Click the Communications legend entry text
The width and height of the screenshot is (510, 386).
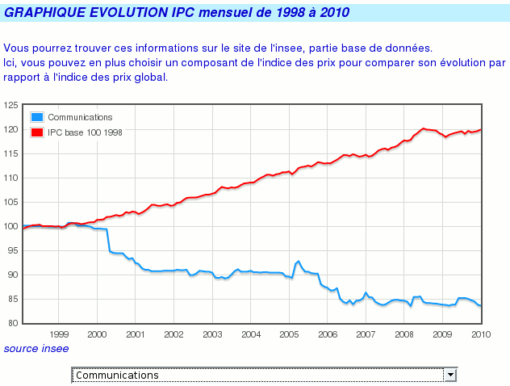[80, 118]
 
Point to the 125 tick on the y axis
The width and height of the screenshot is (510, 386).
[10, 105]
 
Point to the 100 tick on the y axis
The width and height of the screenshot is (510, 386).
[10, 226]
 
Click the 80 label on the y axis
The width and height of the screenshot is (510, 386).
[12, 323]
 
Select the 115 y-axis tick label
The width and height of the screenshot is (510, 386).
[10, 153]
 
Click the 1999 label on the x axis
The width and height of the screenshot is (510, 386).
[59, 334]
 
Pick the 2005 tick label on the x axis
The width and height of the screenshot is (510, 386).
[289, 334]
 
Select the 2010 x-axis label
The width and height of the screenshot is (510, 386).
[481, 334]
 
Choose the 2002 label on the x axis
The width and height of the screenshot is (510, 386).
[173, 334]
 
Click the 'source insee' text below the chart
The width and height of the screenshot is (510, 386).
[36, 348]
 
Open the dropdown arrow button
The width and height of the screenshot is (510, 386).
[451, 375]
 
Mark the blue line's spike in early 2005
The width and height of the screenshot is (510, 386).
[299, 261]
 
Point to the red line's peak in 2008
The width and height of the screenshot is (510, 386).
[423, 128]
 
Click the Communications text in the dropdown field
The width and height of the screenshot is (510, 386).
[116, 375]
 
